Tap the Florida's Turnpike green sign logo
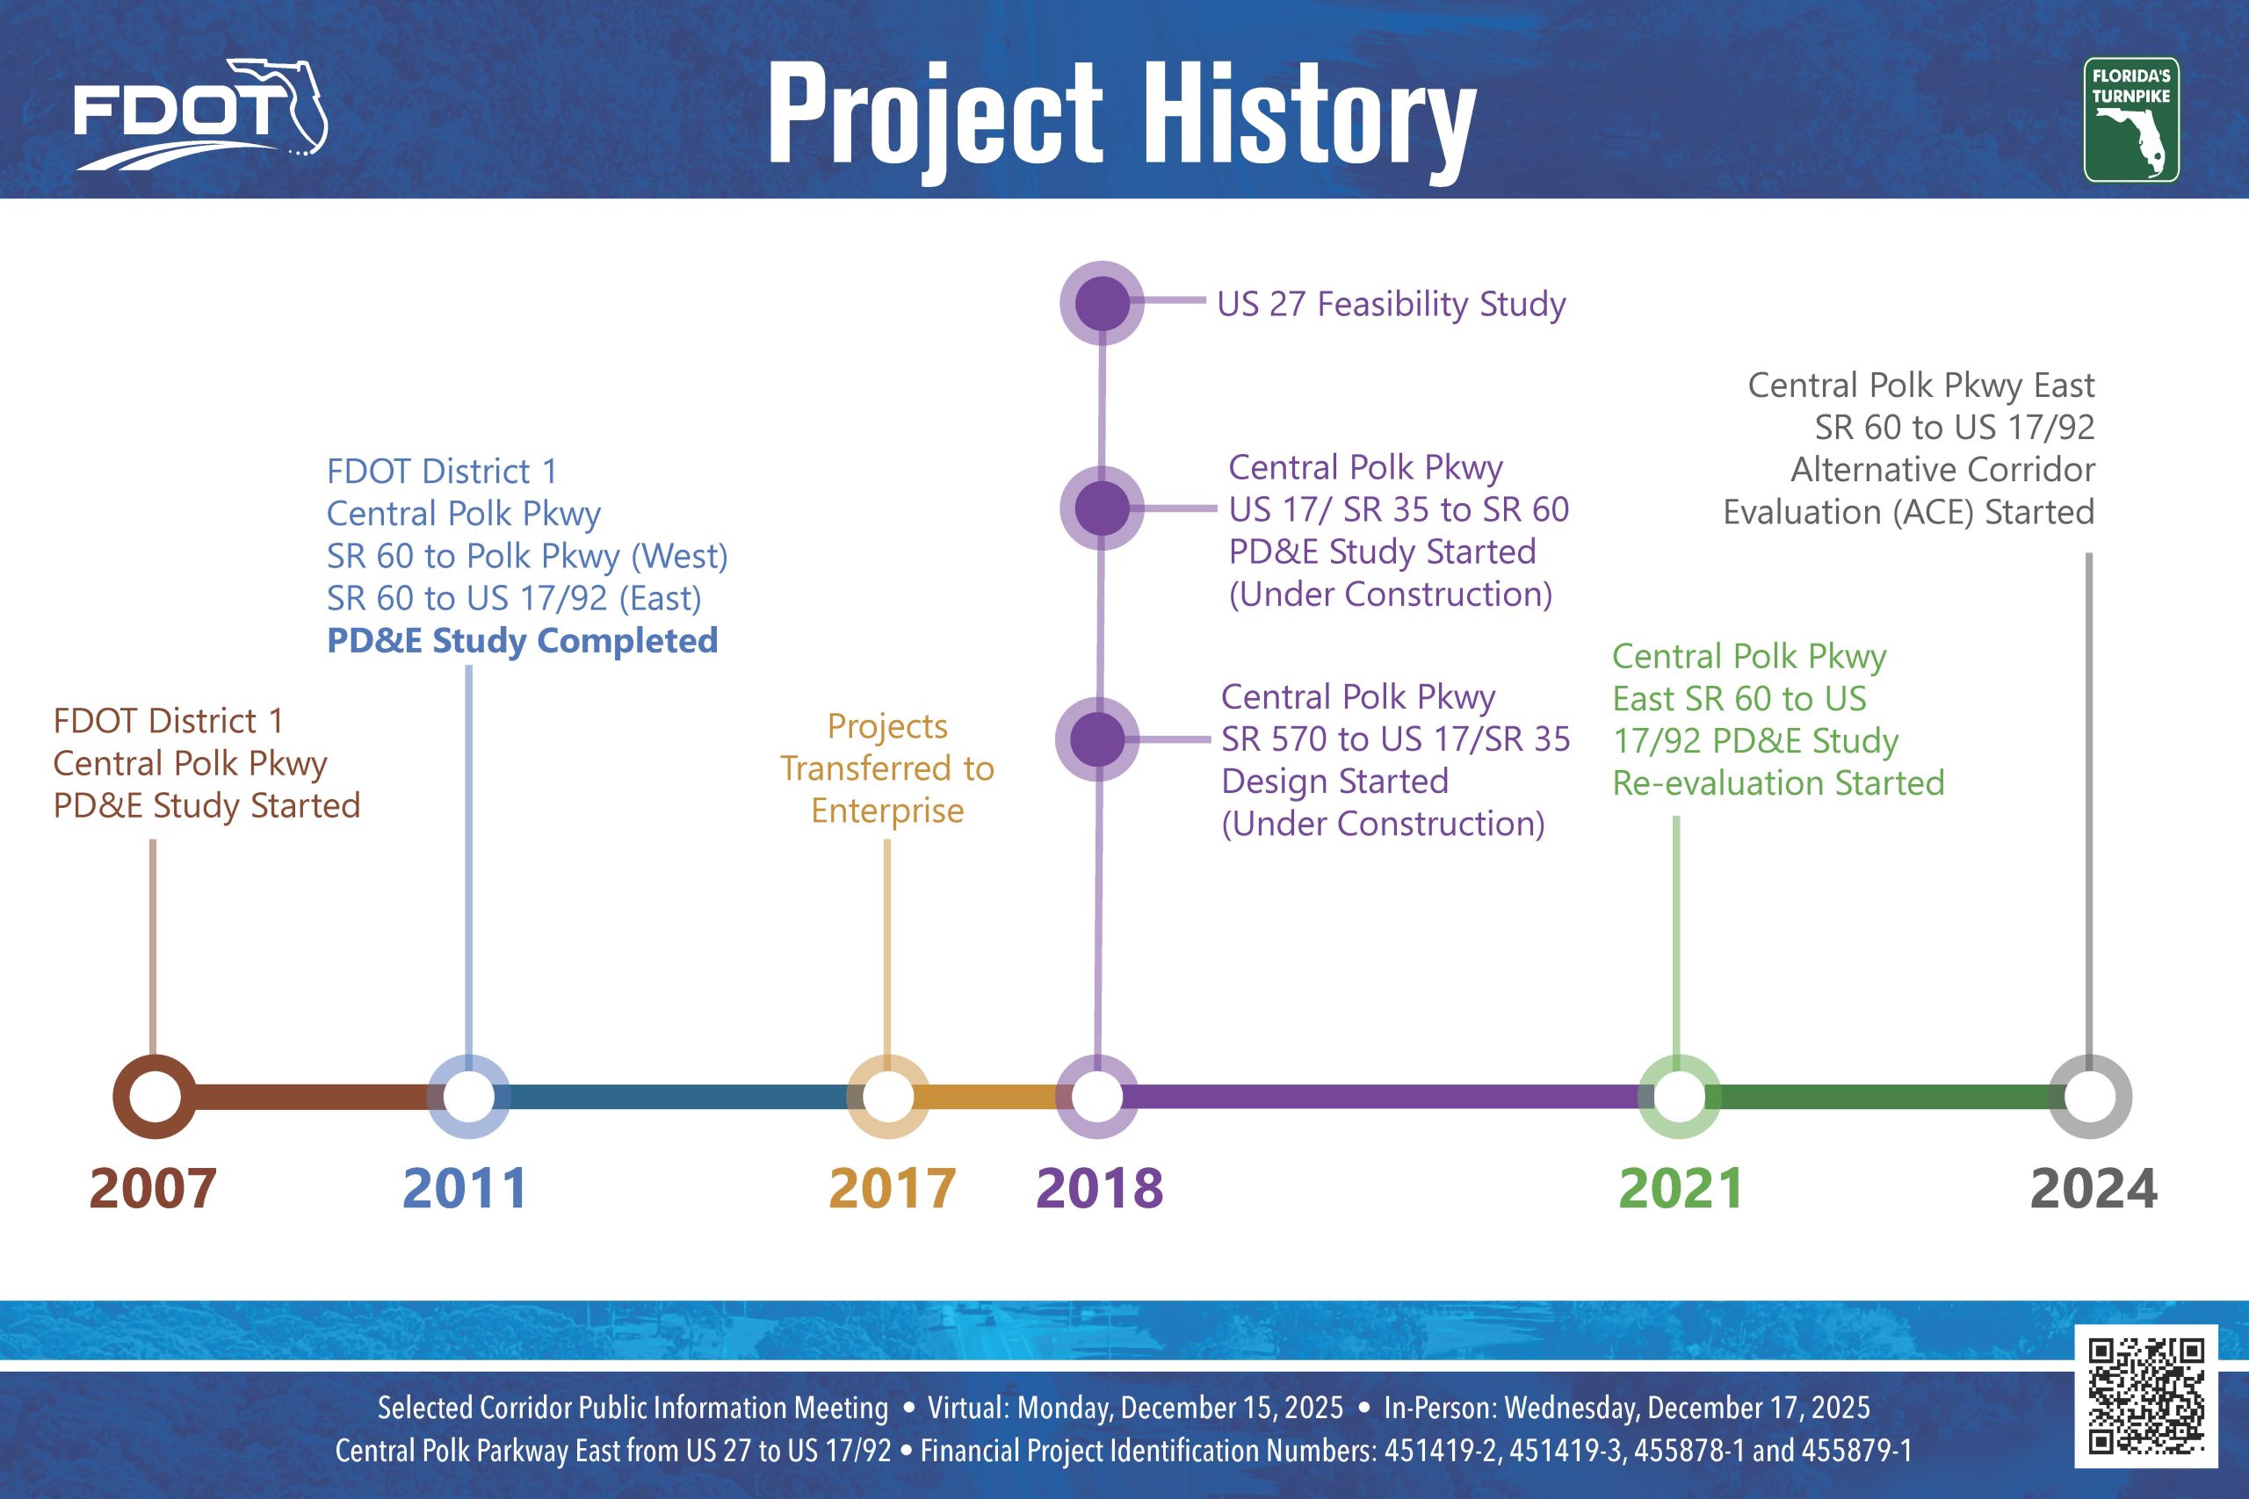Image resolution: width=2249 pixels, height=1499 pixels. tap(2130, 120)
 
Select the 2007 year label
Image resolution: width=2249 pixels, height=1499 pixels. tap(153, 1188)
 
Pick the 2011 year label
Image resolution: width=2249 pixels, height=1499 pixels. tap(466, 1188)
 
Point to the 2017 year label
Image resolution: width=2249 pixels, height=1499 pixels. tap(893, 1188)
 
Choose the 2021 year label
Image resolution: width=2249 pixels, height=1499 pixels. tap(1681, 1188)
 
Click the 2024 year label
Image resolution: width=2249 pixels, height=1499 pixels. tap(2094, 1188)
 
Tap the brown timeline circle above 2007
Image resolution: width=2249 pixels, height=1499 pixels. tap(155, 1097)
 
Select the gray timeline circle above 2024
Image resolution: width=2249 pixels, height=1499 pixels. tap(2090, 1097)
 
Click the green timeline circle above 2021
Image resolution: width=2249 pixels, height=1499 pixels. tap(1679, 1097)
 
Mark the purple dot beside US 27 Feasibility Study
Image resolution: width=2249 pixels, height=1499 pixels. tap(1103, 303)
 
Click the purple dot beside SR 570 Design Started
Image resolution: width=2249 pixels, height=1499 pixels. tap(1098, 739)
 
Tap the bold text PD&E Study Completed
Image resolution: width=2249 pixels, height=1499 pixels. tap(522, 640)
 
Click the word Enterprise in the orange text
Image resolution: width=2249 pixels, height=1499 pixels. tap(887, 811)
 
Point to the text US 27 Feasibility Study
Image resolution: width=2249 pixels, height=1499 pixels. tap(1392, 304)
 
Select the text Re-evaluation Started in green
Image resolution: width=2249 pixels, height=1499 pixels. tap(1778, 783)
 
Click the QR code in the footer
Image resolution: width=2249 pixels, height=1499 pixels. tap(2145, 1395)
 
